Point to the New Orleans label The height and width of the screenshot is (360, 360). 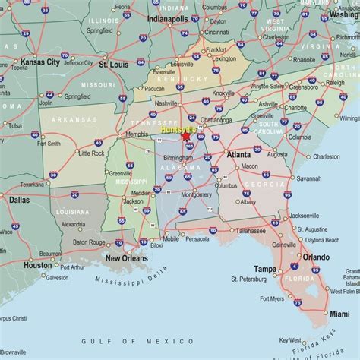(127, 257)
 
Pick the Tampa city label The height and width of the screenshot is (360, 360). (265, 269)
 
